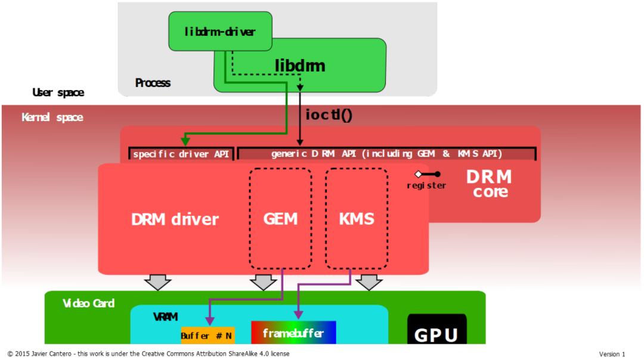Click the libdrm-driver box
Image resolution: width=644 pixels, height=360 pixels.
coord(220,31)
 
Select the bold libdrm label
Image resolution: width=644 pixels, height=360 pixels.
coord(300,66)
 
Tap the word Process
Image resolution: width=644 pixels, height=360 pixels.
coord(153,83)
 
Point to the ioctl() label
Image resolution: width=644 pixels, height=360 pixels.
coord(329,114)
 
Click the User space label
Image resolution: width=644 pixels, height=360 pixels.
coord(58,92)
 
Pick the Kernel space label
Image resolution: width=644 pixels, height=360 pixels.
coord(52,117)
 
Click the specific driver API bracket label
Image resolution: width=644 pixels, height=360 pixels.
coord(181,154)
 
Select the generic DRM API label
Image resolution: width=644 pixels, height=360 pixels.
coord(386,154)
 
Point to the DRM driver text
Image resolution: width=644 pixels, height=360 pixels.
coord(175,219)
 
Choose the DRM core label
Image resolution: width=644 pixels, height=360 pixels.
coord(489,184)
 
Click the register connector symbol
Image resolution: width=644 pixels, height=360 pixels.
coord(428,174)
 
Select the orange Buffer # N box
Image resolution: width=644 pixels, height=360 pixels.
coord(208,336)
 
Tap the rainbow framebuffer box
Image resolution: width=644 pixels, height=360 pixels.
coord(293,333)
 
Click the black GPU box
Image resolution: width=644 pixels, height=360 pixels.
coord(436,329)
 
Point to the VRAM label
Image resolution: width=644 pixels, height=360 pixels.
coord(166,317)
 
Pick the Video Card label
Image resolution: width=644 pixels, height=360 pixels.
coord(88,303)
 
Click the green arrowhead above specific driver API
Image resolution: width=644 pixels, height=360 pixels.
coord(185,141)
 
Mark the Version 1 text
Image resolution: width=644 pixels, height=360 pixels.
coord(612,354)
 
